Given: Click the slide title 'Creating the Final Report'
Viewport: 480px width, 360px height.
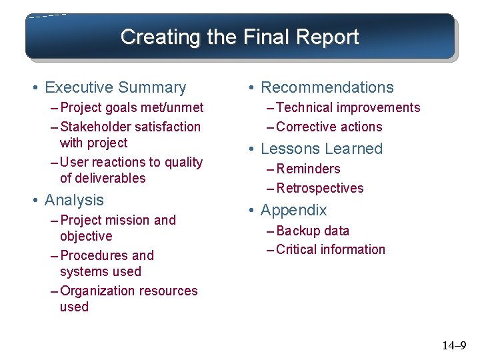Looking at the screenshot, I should (239, 37).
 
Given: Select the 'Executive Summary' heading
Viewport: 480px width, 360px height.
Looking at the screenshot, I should (115, 87).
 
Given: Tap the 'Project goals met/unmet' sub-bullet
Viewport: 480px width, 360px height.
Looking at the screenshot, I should (132, 108).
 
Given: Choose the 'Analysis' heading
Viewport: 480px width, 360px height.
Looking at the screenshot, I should (74, 200).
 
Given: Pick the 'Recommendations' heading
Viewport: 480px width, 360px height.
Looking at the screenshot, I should (327, 87).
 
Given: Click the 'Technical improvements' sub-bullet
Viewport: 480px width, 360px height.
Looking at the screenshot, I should (348, 108).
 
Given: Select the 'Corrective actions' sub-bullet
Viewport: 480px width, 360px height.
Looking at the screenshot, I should (329, 127).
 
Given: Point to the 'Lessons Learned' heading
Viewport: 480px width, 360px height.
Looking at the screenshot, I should (321, 149).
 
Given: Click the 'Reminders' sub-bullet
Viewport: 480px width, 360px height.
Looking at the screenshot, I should (308, 169).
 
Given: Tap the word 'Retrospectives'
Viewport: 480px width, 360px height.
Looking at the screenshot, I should (320, 188).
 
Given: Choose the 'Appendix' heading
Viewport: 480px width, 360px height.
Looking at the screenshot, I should (293, 210).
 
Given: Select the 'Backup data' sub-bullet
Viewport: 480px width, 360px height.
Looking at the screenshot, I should (313, 231).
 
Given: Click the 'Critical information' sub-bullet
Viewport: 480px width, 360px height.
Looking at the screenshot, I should (331, 249).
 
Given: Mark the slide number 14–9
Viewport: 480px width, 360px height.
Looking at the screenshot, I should (454, 345).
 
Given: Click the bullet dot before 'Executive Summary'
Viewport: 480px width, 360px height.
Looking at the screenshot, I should (34, 88).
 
